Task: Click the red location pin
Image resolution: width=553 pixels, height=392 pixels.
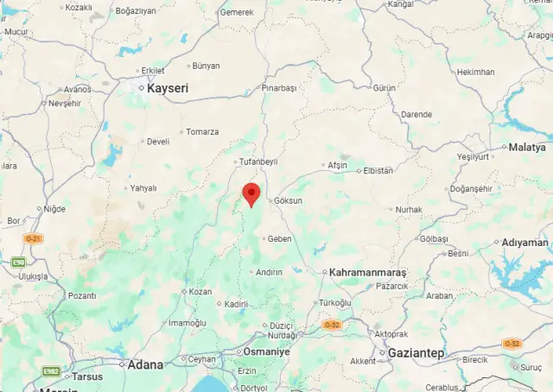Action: pyautogui.click(x=251, y=193)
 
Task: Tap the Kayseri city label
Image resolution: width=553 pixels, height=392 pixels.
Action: pyautogui.click(x=168, y=88)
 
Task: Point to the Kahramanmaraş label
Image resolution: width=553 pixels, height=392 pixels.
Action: pyautogui.click(x=368, y=272)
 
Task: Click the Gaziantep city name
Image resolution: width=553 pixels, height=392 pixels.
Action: pyautogui.click(x=416, y=353)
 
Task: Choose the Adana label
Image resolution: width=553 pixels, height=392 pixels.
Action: pyautogui.click(x=145, y=364)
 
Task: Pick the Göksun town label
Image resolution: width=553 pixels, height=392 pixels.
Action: pyautogui.click(x=289, y=200)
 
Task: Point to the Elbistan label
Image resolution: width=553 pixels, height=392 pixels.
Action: pyautogui.click(x=378, y=170)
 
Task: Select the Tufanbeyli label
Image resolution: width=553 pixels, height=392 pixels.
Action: pyautogui.click(x=258, y=161)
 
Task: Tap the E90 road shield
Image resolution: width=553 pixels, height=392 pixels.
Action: pyautogui.click(x=18, y=262)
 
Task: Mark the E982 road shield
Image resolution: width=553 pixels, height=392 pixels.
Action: pyautogui.click(x=51, y=370)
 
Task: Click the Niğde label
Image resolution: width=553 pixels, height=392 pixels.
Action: pyautogui.click(x=54, y=208)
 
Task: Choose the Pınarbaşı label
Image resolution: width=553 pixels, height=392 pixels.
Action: pyautogui.click(x=279, y=88)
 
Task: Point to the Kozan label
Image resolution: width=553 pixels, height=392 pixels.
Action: pyautogui.click(x=200, y=292)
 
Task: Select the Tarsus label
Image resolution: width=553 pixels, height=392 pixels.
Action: pyautogui.click(x=86, y=376)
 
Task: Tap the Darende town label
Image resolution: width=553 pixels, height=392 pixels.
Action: pyautogui.click(x=416, y=114)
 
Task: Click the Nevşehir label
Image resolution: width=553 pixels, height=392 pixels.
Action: pyautogui.click(x=64, y=103)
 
